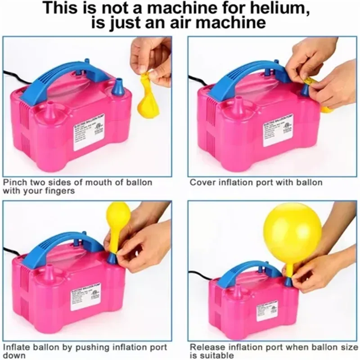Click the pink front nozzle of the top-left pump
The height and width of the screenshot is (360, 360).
50,110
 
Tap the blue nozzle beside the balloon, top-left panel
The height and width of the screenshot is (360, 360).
118,87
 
